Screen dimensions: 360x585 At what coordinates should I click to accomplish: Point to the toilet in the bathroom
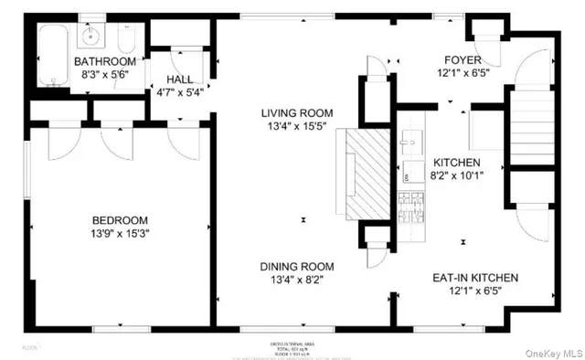point(128,39)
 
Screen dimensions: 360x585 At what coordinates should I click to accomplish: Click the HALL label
point(181,79)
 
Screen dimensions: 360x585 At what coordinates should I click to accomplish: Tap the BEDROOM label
point(121,220)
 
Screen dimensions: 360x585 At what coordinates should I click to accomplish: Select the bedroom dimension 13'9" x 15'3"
point(121,235)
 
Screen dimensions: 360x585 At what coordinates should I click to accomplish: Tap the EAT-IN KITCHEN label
point(474,277)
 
